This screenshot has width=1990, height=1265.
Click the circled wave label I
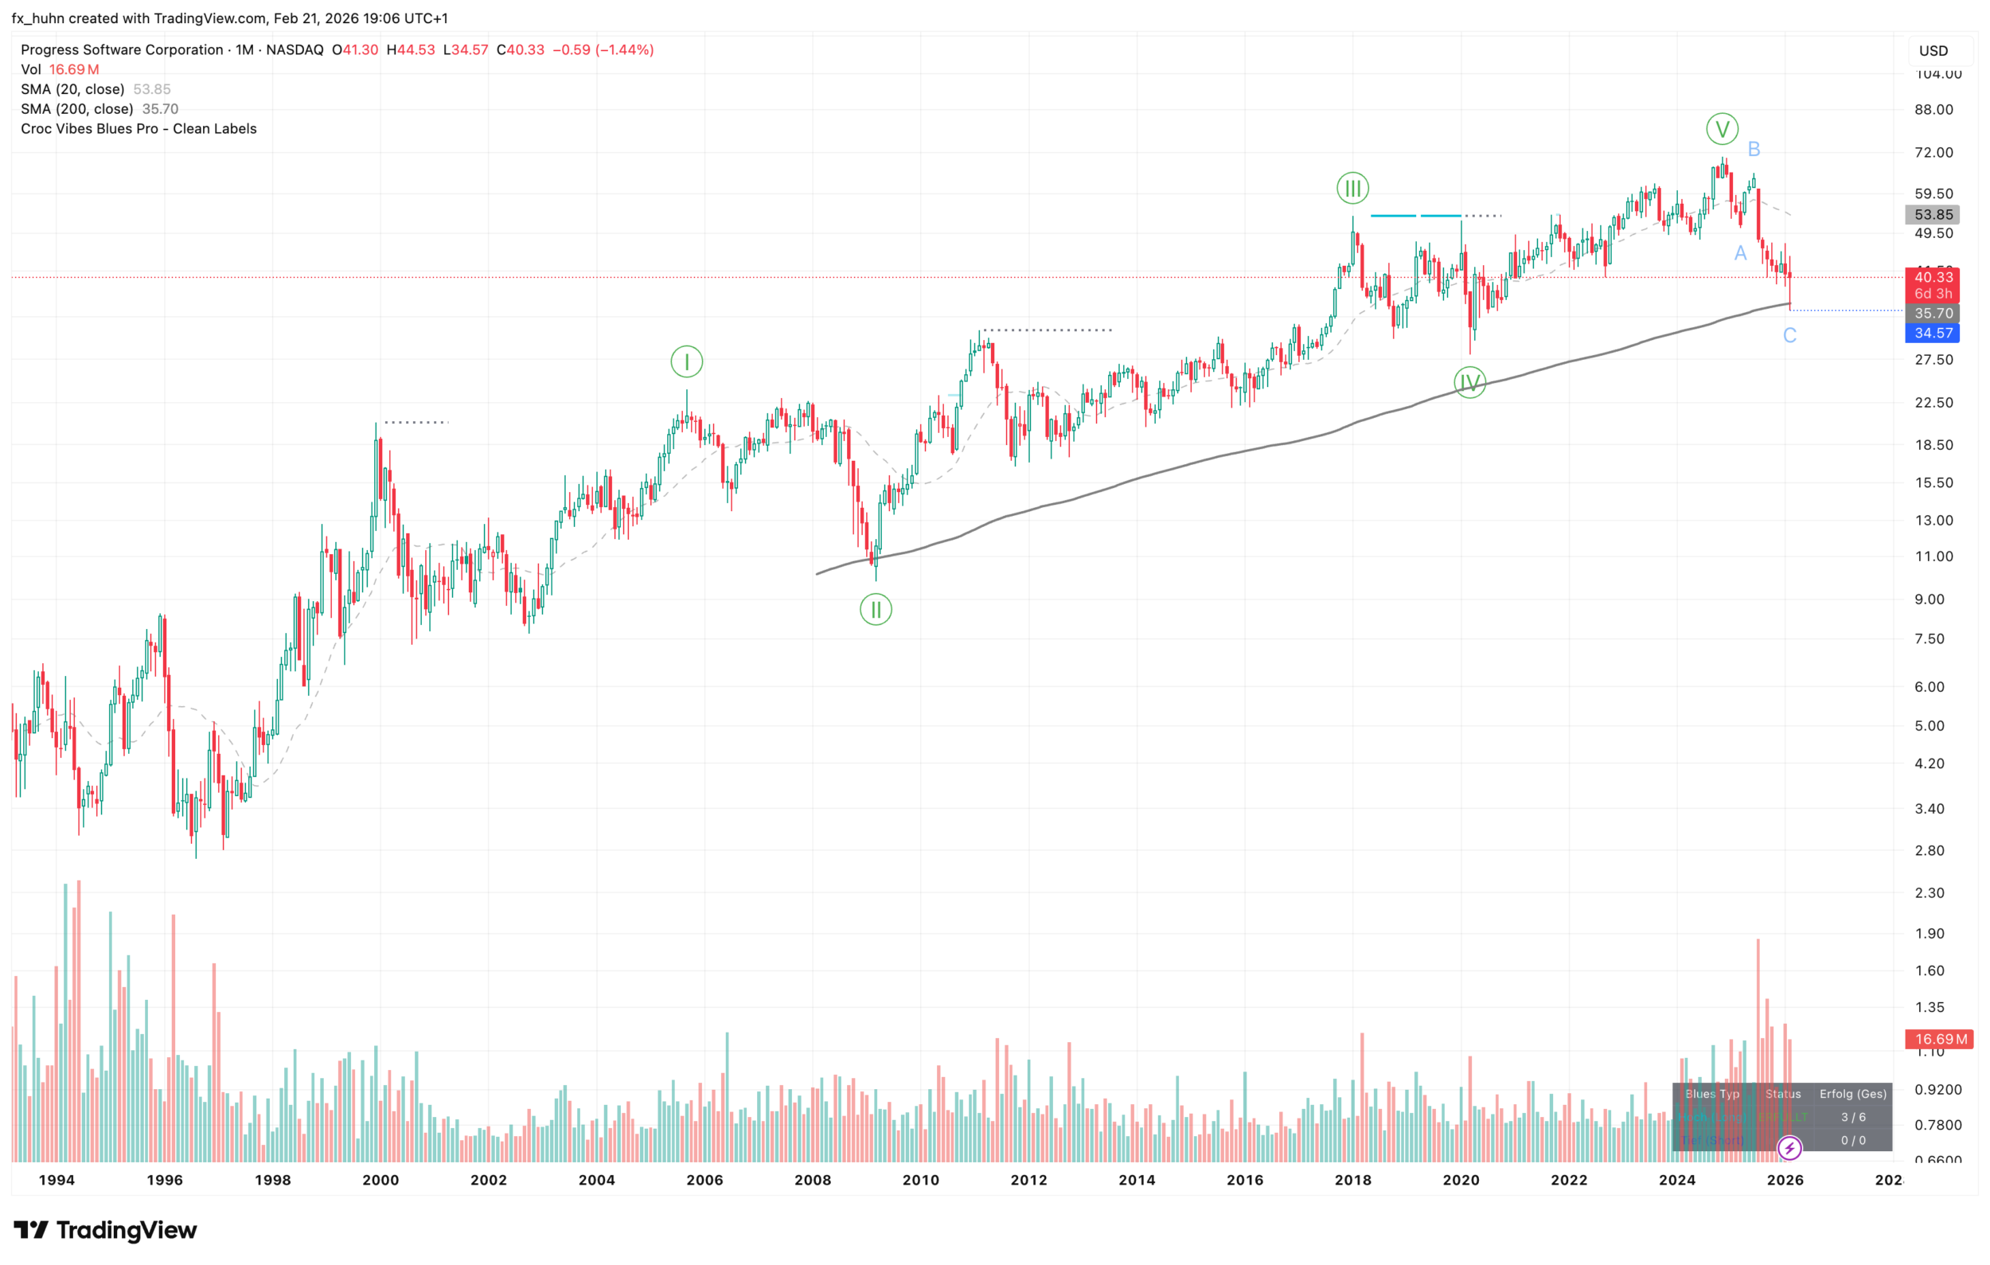(x=686, y=362)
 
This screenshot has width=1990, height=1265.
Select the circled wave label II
(x=875, y=610)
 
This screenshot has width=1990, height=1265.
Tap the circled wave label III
(x=1352, y=189)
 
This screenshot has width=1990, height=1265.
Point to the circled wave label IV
(x=1469, y=383)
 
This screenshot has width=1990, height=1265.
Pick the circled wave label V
(x=1722, y=129)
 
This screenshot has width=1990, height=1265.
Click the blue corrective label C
(x=1789, y=335)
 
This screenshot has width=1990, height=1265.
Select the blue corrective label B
(x=1754, y=150)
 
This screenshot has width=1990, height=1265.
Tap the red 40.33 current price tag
(x=1932, y=278)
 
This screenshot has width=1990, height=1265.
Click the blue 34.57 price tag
(x=1932, y=333)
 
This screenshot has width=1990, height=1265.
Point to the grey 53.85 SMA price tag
(x=1932, y=215)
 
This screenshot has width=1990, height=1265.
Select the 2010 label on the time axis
(x=921, y=1180)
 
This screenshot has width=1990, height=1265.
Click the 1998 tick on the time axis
(x=273, y=1180)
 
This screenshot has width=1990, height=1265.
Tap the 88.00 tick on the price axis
(x=1933, y=110)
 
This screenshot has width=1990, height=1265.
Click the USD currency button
(x=1933, y=51)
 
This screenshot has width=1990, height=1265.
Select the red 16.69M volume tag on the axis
(x=1939, y=1040)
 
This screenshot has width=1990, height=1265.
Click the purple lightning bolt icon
(x=1789, y=1148)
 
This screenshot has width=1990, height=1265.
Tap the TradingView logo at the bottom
(x=106, y=1230)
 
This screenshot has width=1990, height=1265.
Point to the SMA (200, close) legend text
(x=77, y=109)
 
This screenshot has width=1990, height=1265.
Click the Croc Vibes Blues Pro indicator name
(x=139, y=129)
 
